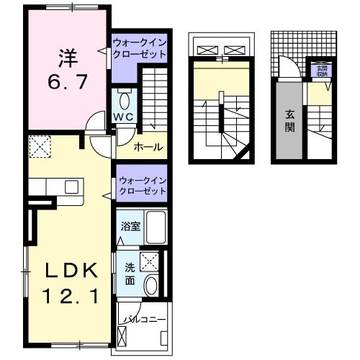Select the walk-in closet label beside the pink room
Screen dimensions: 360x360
[140, 50]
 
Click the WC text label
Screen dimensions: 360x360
[122, 117]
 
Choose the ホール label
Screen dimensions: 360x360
[148, 148]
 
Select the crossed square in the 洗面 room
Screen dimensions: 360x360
[150, 261]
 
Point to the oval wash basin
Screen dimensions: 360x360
[150, 285]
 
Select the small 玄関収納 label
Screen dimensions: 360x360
[320, 70]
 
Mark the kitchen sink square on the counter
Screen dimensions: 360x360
[71, 187]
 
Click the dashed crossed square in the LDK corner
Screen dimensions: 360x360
[39, 148]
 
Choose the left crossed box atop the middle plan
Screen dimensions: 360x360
[207, 50]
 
